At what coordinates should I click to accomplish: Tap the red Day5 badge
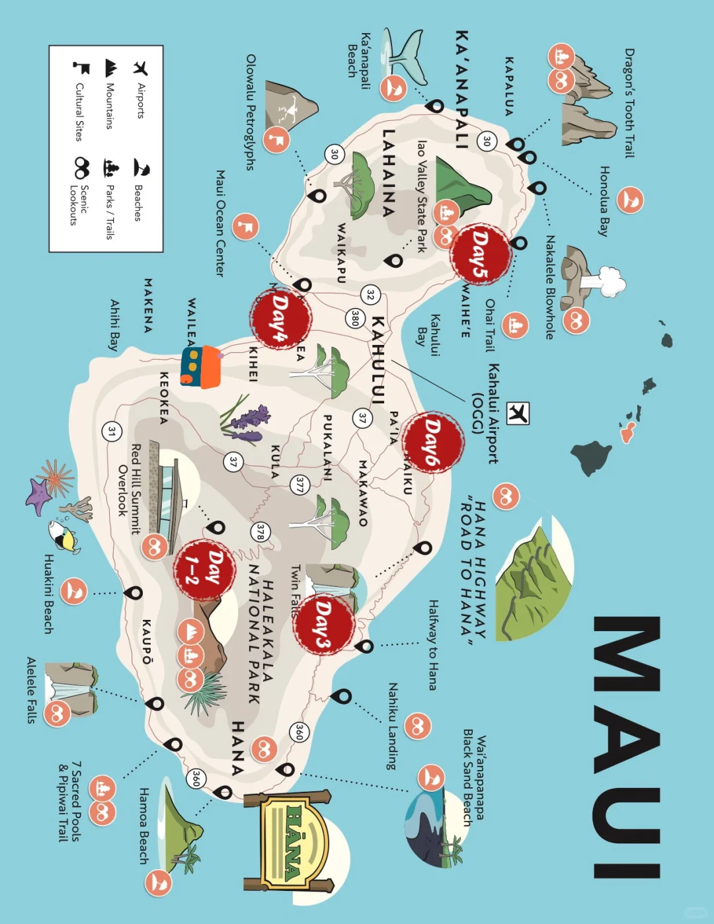point(481,254)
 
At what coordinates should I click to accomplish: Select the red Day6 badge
point(433,442)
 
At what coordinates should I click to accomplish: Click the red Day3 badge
point(323,625)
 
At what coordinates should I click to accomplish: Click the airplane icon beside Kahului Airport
point(518,412)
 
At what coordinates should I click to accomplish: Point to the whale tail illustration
point(405,53)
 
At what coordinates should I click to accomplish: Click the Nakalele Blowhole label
point(549,287)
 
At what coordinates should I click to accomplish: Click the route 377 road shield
point(299,485)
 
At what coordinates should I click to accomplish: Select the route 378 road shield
point(260,532)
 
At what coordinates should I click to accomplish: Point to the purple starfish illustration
point(38,496)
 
